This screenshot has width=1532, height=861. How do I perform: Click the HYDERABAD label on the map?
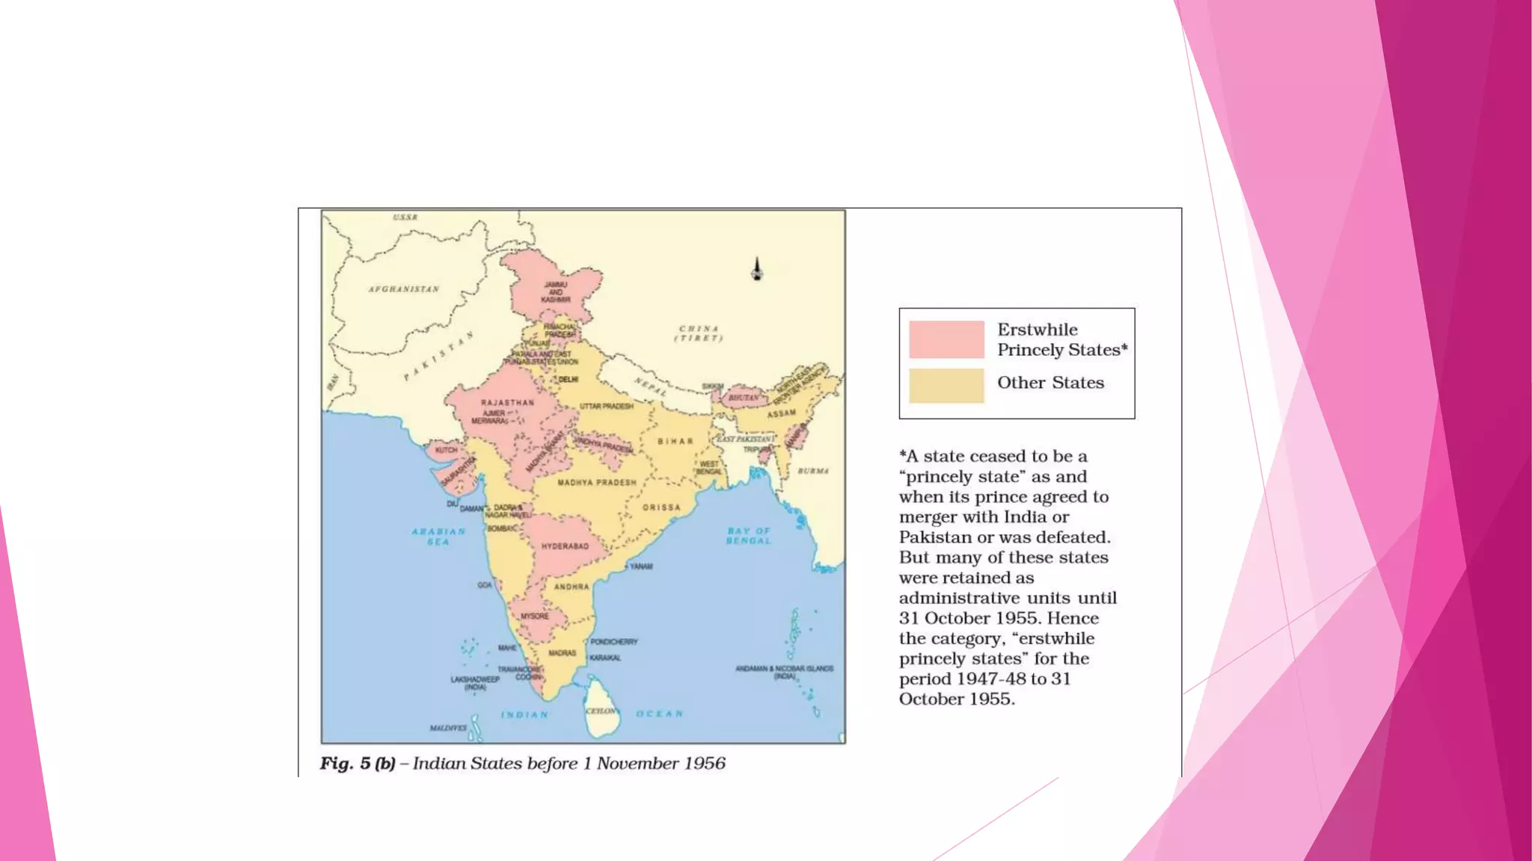[565, 546]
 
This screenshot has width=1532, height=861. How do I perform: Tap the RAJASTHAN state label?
[507, 403]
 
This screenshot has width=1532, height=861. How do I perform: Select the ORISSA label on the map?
[661, 507]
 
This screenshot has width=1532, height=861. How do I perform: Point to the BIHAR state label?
[675, 442]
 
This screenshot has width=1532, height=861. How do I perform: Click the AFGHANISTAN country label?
[404, 289]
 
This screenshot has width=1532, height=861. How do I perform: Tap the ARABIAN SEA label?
[438, 536]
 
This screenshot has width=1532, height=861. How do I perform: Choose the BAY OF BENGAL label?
[748, 535]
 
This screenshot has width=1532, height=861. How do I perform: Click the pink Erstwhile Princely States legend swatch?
[946, 339]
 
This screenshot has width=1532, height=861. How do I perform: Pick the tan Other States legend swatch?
[946, 386]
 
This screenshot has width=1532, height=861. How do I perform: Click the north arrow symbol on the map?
[757, 269]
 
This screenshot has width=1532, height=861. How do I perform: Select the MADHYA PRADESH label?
[597, 483]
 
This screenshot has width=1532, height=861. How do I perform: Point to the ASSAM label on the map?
[781, 413]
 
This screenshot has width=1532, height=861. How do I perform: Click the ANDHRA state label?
[572, 587]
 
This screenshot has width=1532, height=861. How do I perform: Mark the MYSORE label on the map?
[535, 617]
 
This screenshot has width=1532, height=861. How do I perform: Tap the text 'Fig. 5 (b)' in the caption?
[358, 763]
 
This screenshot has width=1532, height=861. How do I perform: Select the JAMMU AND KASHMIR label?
[556, 292]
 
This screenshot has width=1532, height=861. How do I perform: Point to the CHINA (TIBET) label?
[699, 333]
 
